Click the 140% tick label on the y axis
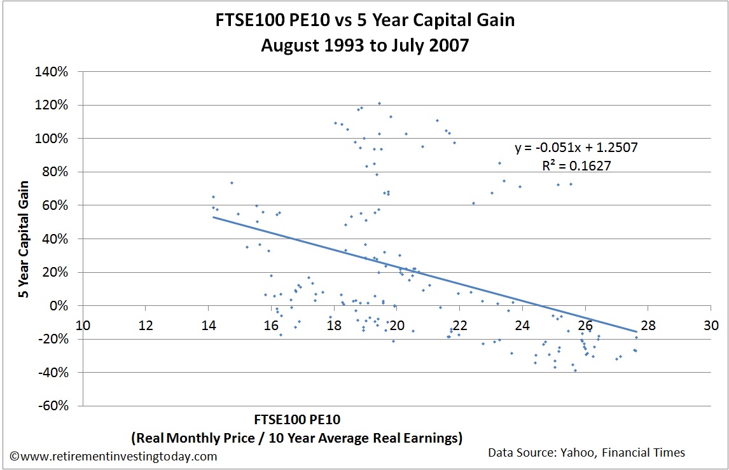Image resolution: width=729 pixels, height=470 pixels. (53, 71)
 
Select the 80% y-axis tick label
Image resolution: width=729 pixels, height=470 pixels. (56, 172)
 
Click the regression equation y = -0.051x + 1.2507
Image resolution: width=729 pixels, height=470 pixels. (576, 148)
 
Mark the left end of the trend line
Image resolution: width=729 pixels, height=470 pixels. (213, 218)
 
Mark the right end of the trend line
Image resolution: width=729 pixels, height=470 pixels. (636, 331)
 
